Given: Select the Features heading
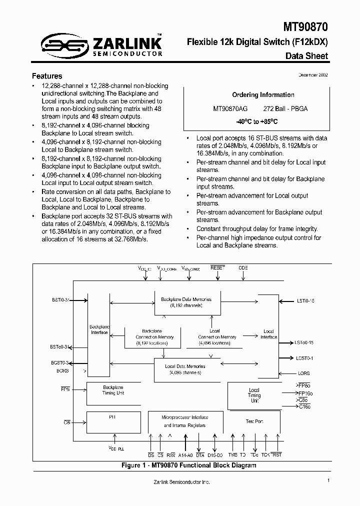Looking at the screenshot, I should pyautogui.click(x=47, y=76).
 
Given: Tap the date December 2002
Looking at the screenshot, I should pyautogui.click(x=313, y=74).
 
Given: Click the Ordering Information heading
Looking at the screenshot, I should pyautogui.click(x=263, y=95).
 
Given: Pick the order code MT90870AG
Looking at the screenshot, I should pyautogui.click(x=230, y=108).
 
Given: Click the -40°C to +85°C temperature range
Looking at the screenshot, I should pyautogui.click(x=257, y=121).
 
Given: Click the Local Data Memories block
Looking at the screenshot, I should pyautogui.click(x=185, y=369).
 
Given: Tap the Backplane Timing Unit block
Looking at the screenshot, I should pyautogui.click(x=113, y=390).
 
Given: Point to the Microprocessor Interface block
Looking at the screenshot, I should pyautogui.click(x=185, y=421).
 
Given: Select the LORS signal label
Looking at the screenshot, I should pyautogui.click(x=303, y=373).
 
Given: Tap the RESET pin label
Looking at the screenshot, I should pyautogui.click(x=218, y=268).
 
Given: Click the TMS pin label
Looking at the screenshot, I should pyautogui.click(x=232, y=455).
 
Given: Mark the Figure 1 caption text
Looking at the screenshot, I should pyautogui.click(x=189, y=465).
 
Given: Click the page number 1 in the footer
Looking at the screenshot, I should pyautogui.click(x=328, y=480).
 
